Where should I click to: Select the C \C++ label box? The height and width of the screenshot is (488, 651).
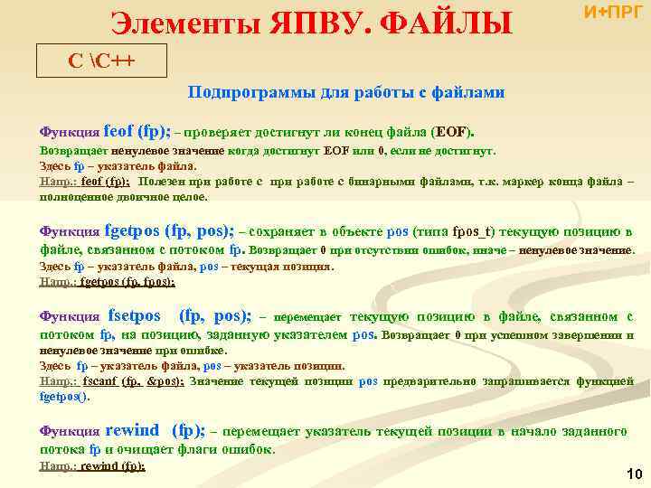coord(88,61)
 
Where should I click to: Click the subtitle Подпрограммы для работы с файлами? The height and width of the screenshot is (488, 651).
coord(345,92)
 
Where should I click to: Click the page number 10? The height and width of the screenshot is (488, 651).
coord(633,474)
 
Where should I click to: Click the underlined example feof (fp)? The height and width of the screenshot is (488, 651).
coord(106,181)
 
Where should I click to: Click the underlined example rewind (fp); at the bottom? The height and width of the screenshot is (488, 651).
coord(112,466)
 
